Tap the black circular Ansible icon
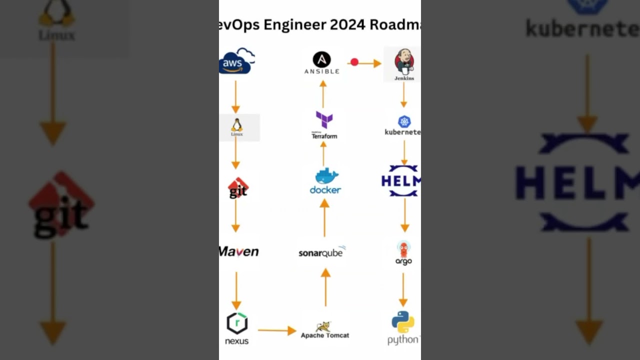click(321, 59)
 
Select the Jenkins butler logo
click(404, 61)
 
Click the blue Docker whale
click(326, 176)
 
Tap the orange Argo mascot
click(403, 248)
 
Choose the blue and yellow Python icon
click(403, 322)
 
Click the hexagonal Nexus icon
click(237, 323)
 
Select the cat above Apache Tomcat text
click(324, 326)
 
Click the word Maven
click(239, 251)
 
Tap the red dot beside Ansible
click(354, 62)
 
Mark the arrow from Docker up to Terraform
click(323, 153)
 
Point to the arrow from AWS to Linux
click(235, 97)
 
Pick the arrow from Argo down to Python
click(403, 289)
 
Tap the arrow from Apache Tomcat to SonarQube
click(325, 287)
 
